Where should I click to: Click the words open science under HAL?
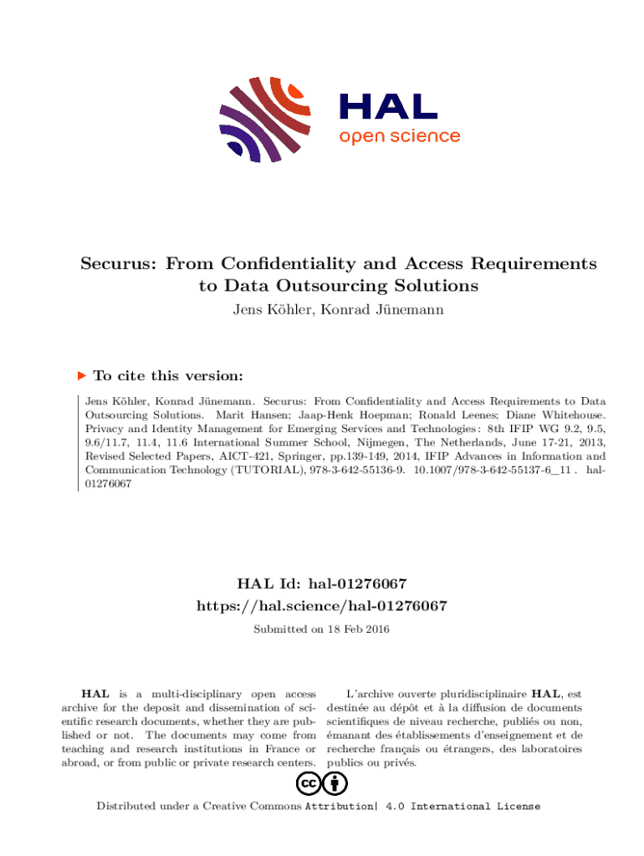tap(399, 136)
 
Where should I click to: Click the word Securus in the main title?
tap(118, 264)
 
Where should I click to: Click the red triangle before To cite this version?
tap(82, 376)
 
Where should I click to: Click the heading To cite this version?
tap(168, 376)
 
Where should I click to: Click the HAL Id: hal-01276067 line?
tap(322, 583)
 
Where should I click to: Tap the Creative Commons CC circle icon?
tap(308, 783)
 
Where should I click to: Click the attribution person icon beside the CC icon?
tap(335, 783)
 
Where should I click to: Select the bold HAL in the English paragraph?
tap(94, 694)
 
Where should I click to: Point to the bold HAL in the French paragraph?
tap(549, 694)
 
